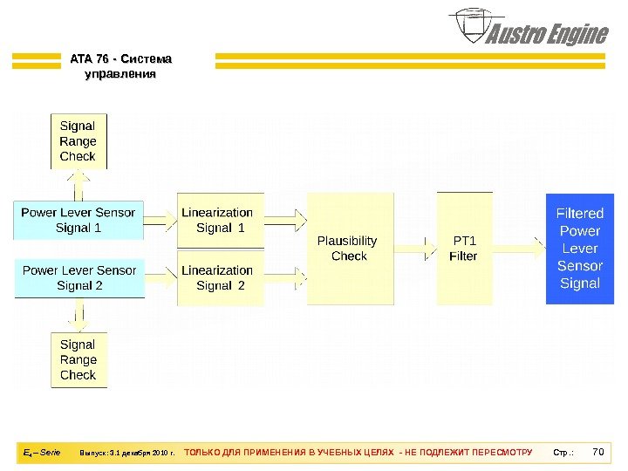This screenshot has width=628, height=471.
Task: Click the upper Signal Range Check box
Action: pos(78,140)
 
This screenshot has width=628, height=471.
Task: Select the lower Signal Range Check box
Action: pos(78,359)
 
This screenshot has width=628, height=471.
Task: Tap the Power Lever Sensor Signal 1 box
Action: pos(78,220)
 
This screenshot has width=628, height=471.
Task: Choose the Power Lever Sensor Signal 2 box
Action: pos(78,277)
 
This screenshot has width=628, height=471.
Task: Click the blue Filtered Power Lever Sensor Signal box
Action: pos(580,249)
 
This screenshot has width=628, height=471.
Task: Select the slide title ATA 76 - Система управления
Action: pos(120,66)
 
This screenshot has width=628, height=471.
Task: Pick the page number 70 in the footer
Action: pos(598,453)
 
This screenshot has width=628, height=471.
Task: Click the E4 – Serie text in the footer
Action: pos(41,453)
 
